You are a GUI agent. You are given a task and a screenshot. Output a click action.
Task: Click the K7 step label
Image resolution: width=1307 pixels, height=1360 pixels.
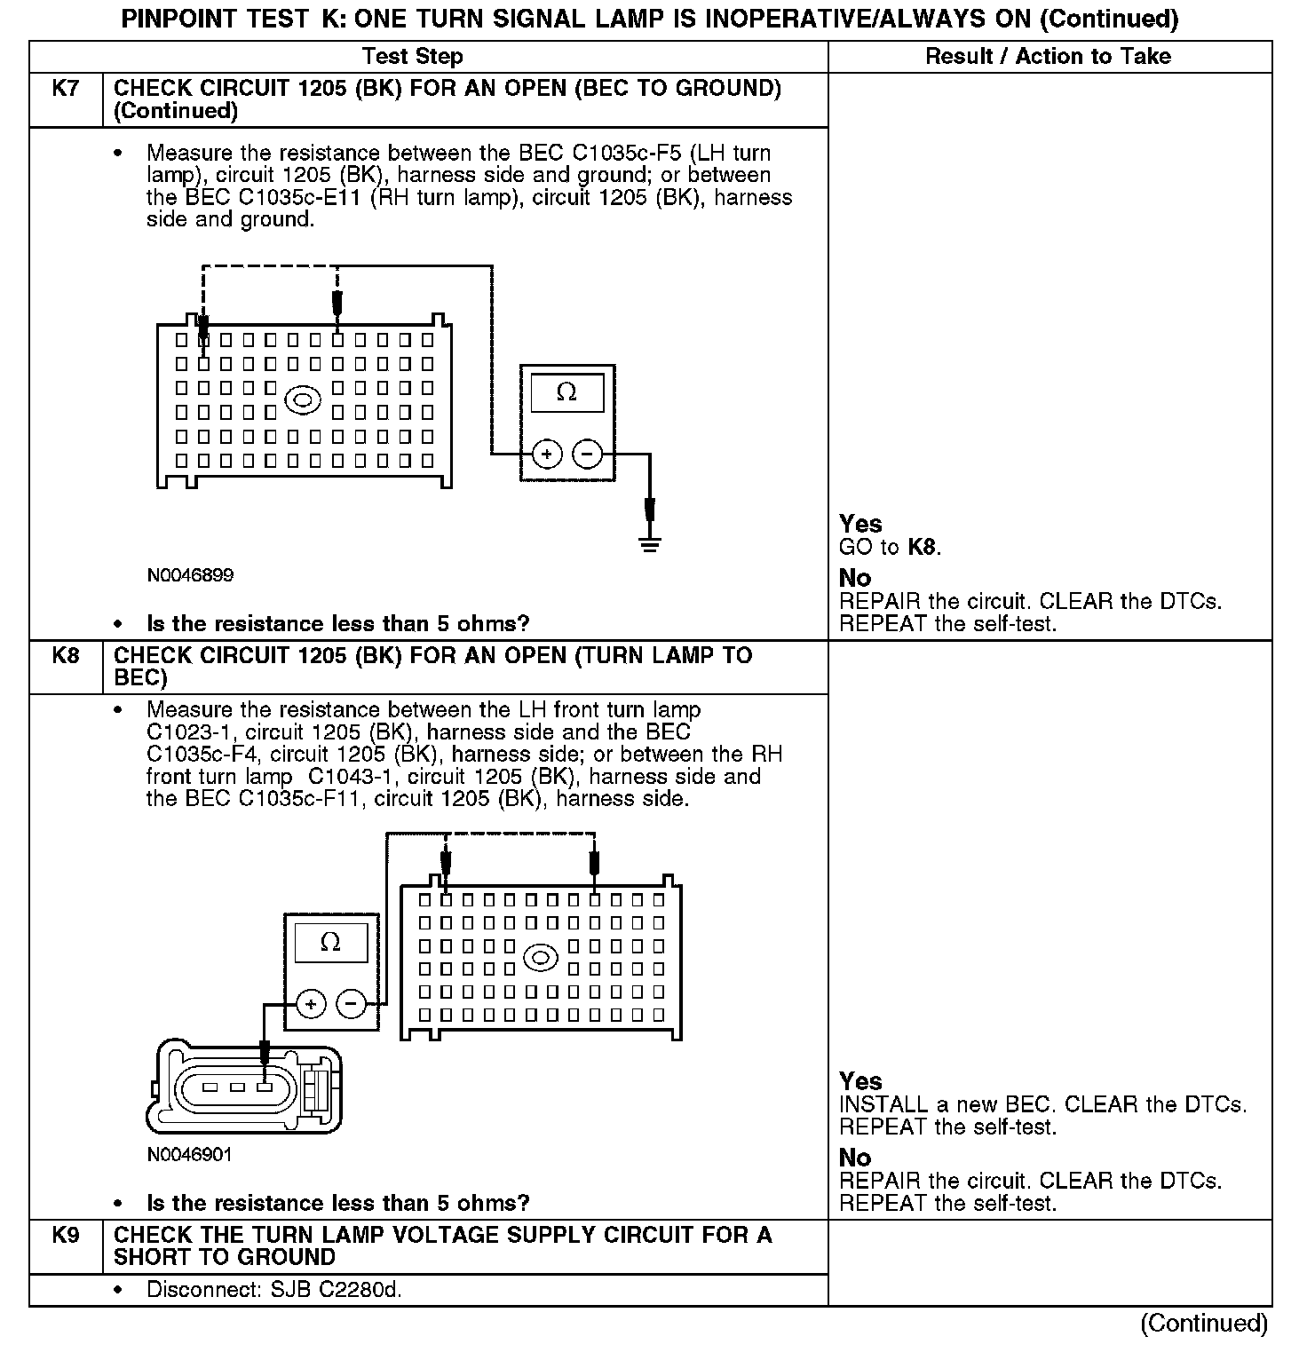pyautogui.click(x=66, y=89)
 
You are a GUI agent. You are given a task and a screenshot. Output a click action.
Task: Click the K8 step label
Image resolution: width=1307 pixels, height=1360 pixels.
pyautogui.click(x=66, y=656)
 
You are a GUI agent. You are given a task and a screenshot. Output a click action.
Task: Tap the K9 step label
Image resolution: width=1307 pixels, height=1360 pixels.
pyautogui.click(x=66, y=1236)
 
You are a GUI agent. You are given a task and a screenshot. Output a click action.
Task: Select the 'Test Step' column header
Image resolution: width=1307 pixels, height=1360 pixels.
pyautogui.click(x=413, y=57)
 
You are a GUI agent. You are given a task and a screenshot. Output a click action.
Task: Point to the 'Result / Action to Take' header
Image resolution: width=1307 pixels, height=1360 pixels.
pyautogui.click(x=1048, y=57)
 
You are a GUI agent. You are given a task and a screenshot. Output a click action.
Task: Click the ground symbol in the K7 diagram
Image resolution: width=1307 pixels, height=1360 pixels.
pyautogui.click(x=650, y=543)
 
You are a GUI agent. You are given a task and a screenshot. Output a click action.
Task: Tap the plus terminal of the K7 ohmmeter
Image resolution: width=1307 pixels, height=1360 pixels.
pyautogui.click(x=547, y=455)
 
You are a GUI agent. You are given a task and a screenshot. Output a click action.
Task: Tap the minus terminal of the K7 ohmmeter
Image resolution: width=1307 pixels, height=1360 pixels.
pyautogui.click(x=587, y=455)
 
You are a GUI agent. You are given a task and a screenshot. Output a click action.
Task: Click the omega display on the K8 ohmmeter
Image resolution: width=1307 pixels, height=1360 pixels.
pyautogui.click(x=330, y=943)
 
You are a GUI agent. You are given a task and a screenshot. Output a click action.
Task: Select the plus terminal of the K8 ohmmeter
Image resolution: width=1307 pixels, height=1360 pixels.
pyautogui.click(x=311, y=1005)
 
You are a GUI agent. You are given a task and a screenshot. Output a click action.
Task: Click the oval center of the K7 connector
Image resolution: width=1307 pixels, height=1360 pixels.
pyautogui.click(x=303, y=400)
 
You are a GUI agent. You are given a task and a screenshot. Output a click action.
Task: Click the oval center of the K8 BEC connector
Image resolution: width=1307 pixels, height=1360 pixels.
pyautogui.click(x=541, y=959)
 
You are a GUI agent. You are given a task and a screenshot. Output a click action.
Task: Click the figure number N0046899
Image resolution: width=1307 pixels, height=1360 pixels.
pyautogui.click(x=191, y=575)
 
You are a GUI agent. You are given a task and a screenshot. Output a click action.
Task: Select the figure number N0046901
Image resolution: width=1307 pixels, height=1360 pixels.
pyautogui.click(x=190, y=1155)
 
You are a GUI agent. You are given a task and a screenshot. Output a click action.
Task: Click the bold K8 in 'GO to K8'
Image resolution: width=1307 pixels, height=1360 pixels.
pyautogui.click(x=923, y=547)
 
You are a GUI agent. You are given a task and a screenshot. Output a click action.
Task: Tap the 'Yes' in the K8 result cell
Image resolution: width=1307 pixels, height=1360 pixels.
pyautogui.click(x=860, y=1081)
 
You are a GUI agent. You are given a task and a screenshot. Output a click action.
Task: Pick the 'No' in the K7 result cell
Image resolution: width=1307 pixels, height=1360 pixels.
pyautogui.click(x=855, y=578)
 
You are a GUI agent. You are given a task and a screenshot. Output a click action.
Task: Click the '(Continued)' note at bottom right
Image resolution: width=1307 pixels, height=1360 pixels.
pyautogui.click(x=1204, y=1324)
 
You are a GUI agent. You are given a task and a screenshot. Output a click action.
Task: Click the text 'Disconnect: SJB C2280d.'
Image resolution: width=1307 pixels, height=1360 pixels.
pyautogui.click(x=274, y=1290)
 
